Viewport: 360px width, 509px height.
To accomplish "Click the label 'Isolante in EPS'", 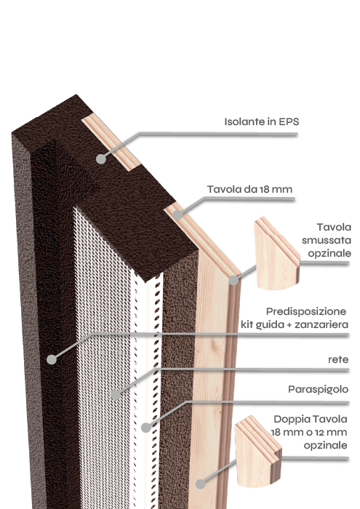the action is click(262, 121).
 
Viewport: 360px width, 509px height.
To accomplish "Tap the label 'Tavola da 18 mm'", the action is click(249, 189).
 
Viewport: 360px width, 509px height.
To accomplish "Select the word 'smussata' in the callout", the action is click(327, 240).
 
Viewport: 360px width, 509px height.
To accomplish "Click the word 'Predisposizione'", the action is click(306, 312).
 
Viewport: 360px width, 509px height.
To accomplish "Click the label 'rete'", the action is click(338, 360).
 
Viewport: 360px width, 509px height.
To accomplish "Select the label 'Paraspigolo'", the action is click(318, 390).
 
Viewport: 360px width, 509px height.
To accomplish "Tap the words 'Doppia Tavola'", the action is click(311, 419).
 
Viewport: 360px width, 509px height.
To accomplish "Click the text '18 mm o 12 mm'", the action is click(309, 433).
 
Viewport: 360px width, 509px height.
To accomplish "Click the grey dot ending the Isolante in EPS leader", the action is click(101, 159).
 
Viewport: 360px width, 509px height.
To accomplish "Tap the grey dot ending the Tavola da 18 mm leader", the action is click(177, 215).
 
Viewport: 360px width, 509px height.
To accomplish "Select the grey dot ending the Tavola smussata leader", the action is click(233, 281).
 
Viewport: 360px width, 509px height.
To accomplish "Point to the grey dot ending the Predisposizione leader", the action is click(52, 360).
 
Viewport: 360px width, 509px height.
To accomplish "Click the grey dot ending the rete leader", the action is click(116, 395).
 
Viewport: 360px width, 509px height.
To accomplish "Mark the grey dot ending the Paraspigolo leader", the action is click(146, 428).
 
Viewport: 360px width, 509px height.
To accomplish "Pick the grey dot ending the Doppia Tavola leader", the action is click(201, 484).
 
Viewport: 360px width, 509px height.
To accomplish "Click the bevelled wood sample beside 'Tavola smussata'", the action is click(276, 254).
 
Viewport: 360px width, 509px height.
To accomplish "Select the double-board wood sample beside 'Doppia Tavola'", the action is click(257, 452).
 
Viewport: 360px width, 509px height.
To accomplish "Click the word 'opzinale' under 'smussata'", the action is click(329, 254).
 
